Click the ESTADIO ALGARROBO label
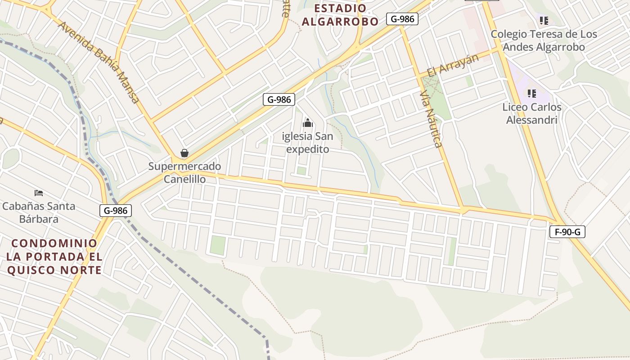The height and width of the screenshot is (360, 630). [x=340, y=15]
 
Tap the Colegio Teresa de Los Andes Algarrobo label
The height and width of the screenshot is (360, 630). [x=544, y=40]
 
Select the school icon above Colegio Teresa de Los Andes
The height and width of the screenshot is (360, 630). [x=544, y=20]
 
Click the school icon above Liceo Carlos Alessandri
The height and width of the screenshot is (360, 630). [x=532, y=94]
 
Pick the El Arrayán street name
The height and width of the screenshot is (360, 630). [x=453, y=65]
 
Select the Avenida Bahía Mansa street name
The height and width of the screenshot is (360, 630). [x=99, y=62]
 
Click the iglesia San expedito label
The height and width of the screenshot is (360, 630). [x=308, y=142]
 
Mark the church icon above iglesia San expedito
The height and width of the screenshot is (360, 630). [x=308, y=122]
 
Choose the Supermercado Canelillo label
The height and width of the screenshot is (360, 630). [x=184, y=173]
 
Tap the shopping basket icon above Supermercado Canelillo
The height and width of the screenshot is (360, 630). [x=184, y=153]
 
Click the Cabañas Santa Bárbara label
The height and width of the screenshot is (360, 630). [x=39, y=212]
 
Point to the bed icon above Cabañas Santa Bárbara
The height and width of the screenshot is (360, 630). [x=39, y=193]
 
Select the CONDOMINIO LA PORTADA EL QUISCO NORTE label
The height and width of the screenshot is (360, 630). [x=54, y=256]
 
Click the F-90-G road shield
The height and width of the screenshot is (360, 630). [x=567, y=232]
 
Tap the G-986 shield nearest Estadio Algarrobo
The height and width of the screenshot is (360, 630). [x=402, y=19]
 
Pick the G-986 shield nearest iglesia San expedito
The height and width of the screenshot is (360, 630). [x=279, y=99]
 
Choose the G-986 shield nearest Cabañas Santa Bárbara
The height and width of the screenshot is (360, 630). [x=116, y=210]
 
